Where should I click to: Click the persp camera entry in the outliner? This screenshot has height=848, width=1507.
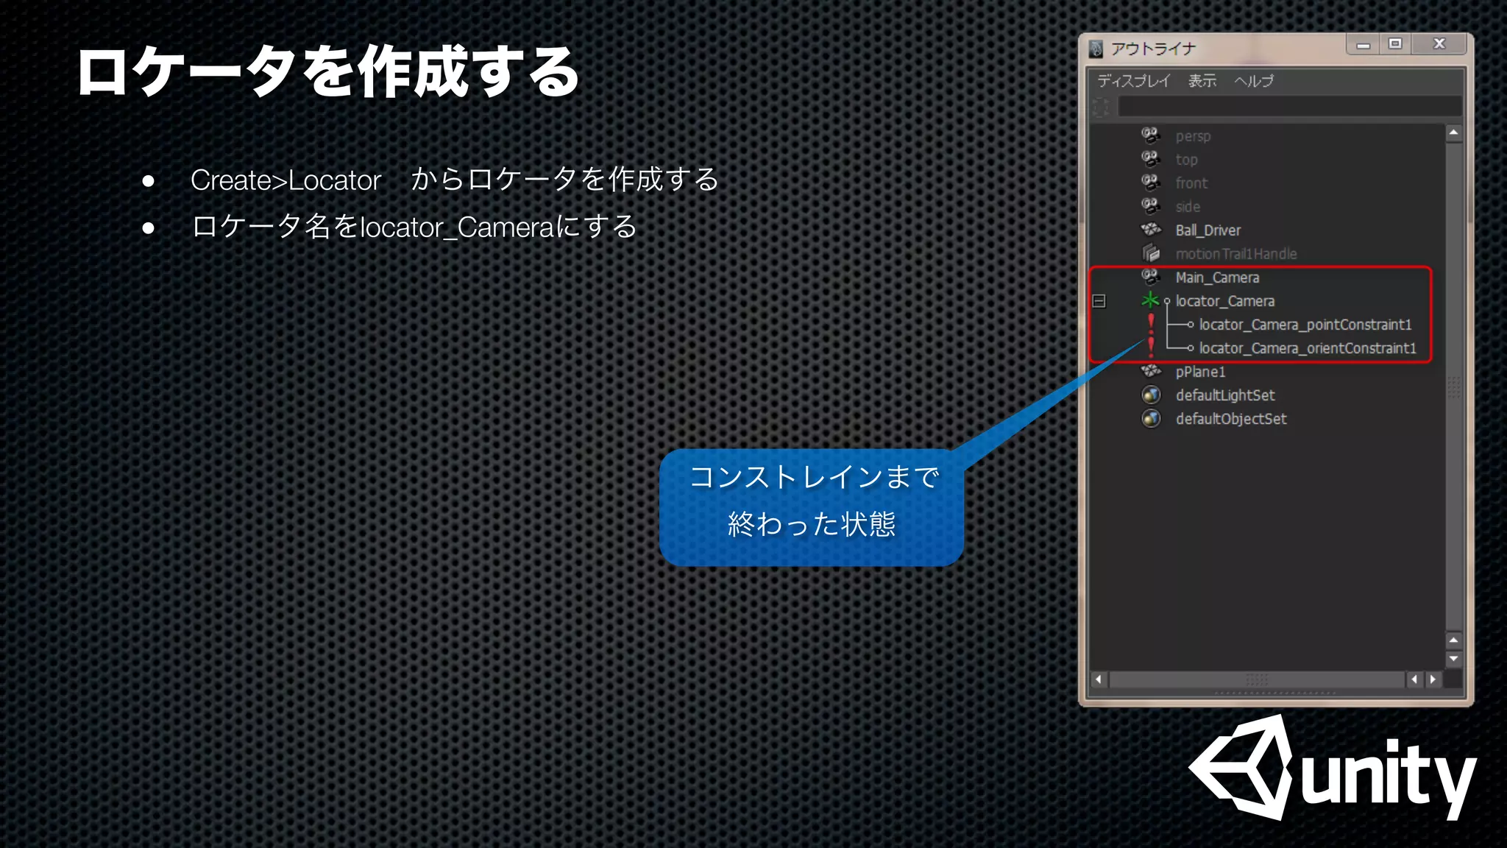(x=1192, y=136)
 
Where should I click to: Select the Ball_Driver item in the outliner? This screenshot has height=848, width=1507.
(x=1208, y=230)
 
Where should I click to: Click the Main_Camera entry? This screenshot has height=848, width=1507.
(x=1217, y=278)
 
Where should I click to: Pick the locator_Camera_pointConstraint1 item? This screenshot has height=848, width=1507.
(x=1305, y=325)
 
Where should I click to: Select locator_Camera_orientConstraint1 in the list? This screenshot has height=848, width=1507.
(x=1307, y=348)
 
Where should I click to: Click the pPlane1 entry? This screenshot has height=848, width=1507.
(x=1200, y=372)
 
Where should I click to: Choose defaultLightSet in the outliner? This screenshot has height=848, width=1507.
(x=1224, y=395)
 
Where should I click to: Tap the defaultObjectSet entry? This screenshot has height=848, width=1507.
(x=1230, y=419)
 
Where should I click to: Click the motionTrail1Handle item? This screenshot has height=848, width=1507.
(x=1235, y=254)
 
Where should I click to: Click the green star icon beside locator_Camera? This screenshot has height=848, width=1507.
(x=1150, y=300)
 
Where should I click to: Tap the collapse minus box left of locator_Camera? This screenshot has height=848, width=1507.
(x=1099, y=301)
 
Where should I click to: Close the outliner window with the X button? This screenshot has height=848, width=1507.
(x=1439, y=44)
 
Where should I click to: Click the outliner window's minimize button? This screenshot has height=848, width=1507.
(x=1364, y=45)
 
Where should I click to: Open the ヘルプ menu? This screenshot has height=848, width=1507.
(x=1253, y=81)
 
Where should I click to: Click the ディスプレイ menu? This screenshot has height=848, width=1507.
(x=1133, y=81)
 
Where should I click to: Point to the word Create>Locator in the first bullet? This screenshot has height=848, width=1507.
(x=286, y=180)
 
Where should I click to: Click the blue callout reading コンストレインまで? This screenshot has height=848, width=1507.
(x=812, y=506)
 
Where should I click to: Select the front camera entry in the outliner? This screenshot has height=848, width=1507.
(x=1191, y=183)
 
